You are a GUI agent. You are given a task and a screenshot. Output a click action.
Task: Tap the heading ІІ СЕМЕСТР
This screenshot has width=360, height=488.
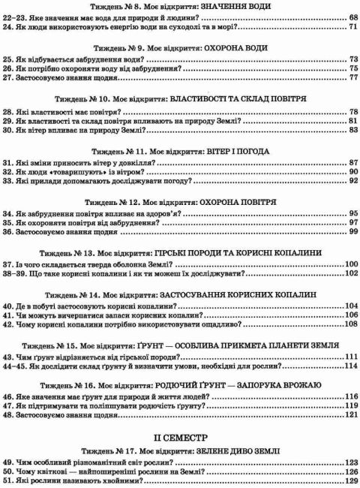pyautogui.click(x=180, y=435)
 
